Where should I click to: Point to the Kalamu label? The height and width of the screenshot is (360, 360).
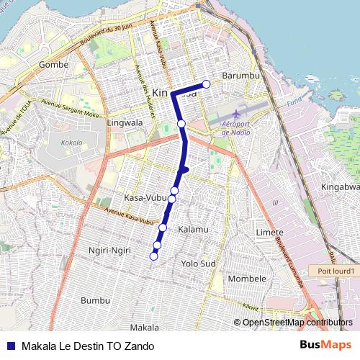tap(192, 229)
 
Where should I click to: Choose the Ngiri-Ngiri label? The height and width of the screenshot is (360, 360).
tap(107, 251)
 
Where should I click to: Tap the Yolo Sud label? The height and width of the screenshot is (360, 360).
tap(199, 264)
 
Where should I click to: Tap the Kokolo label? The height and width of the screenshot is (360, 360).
tap(72, 143)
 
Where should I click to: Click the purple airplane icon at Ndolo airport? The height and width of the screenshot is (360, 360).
tap(238, 114)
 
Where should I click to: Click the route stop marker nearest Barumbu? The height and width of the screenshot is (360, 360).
tap(207, 84)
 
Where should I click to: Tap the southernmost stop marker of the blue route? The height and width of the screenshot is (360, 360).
tap(153, 256)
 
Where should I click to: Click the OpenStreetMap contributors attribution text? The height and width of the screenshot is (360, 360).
tap(294, 323)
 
